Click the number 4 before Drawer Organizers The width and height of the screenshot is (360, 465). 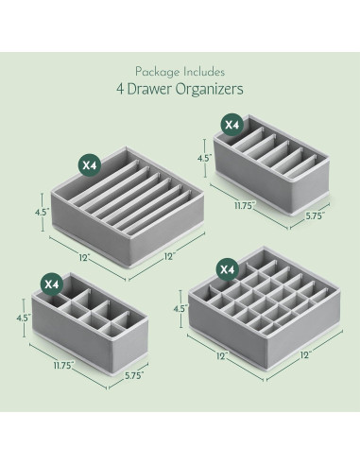[x=126, y=91]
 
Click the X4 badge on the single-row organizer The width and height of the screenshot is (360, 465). [x=230, y=123]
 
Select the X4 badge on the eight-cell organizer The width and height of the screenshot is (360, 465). [x=53, y=283]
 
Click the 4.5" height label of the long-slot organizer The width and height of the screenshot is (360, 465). [x=42, y=214]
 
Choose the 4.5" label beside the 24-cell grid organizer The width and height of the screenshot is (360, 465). [x=178, y=307]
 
